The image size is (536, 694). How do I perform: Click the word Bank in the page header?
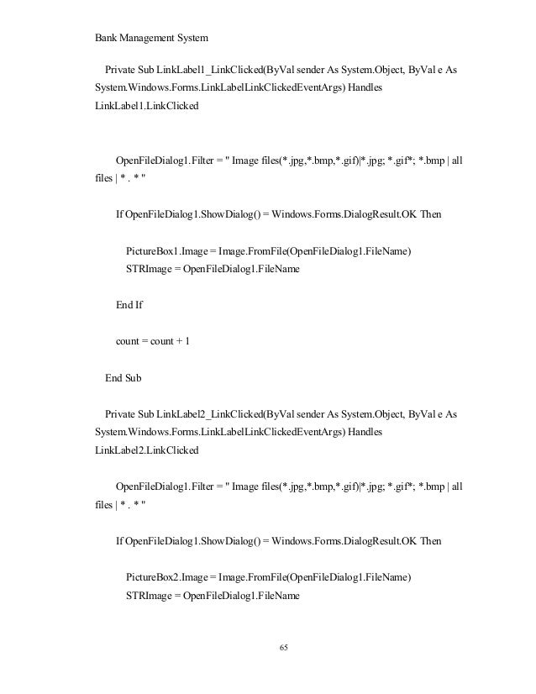(104, 37)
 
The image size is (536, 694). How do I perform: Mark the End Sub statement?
(123, 379)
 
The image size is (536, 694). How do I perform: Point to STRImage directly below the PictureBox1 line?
(147, 270)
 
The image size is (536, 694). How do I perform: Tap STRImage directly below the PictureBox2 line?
(147, 596)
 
